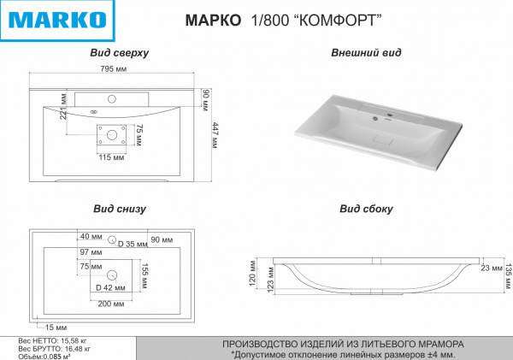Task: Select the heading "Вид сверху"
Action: tap(120, 53)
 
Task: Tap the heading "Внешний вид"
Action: tap(366, 53)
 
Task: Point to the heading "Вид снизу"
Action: tap(120, 208)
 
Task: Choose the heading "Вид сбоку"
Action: tap(366, 208)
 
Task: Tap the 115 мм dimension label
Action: tap(112, 157)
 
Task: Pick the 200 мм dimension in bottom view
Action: tap(111, 304)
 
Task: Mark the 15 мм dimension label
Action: tap(56, 328)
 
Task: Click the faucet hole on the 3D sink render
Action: tap(384, 116)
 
